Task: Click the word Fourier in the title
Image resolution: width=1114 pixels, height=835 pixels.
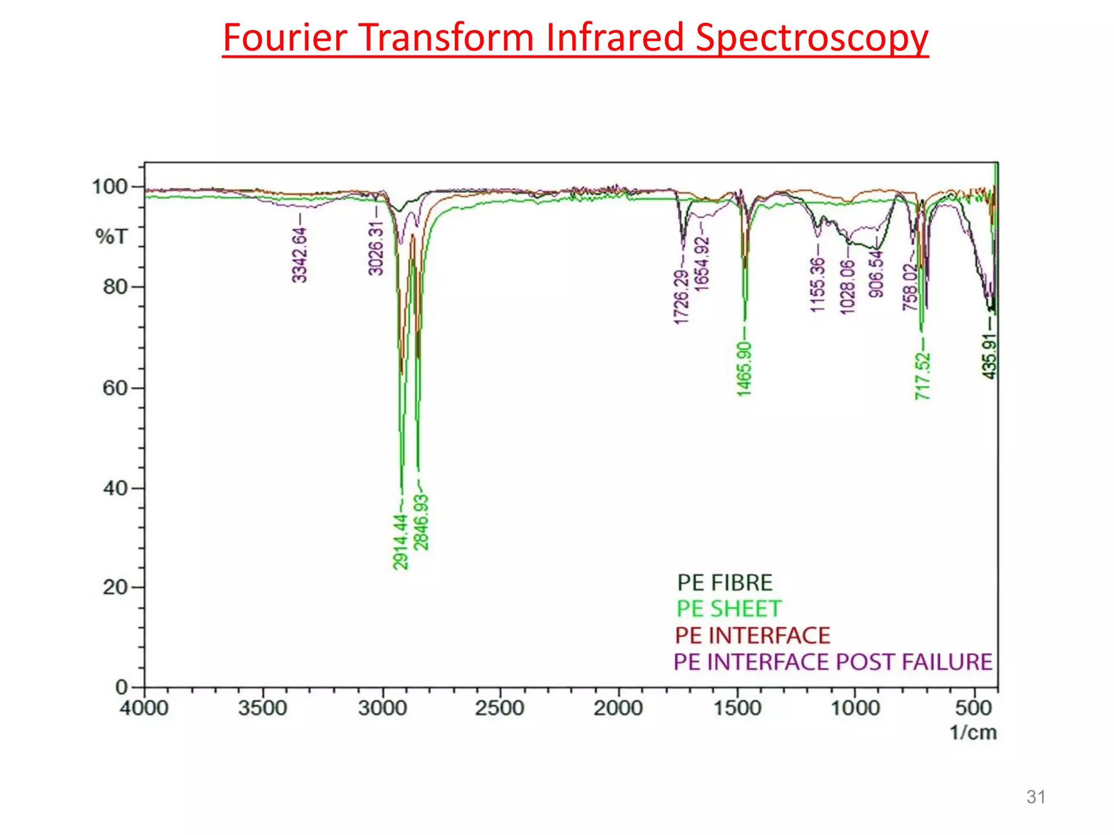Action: tap(285, 38)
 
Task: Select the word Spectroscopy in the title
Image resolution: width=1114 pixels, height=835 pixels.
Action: tap(812, 39)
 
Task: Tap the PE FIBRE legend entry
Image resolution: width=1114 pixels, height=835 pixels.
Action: tap(725, 583)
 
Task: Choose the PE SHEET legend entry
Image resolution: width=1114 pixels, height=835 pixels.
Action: tap(729, 609)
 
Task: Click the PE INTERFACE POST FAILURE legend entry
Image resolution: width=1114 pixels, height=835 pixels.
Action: tap(833, 662)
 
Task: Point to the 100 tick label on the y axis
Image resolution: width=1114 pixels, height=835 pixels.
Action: tap(109, 187)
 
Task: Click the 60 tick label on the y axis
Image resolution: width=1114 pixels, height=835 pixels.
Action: tap(115, 388)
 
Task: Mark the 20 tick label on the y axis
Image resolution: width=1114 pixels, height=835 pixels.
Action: tap(115, 587)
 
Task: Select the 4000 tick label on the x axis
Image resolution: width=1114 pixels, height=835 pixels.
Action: tap(144, 708)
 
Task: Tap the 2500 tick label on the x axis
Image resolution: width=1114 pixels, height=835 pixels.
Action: tap(499, 708)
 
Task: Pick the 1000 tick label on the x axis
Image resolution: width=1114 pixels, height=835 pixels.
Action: tap(855, 708)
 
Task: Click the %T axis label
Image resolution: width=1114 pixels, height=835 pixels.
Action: tap(112, 236)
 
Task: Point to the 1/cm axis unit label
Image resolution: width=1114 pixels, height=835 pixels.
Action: tap(973, 733)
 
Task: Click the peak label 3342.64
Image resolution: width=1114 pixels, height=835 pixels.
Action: tap(300, 255)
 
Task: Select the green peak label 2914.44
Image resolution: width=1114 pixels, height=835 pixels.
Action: tap(401, 541)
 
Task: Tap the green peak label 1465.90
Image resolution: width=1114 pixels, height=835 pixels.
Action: tap(744, 369)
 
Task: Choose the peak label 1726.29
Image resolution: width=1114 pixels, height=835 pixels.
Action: tap(681, 297)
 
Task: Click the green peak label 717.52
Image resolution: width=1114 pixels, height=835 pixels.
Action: tap(923, 376)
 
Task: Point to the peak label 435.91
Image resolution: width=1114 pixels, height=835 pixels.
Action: tap(989, 356)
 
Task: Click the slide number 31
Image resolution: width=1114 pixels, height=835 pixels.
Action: tap(1036, 797)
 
